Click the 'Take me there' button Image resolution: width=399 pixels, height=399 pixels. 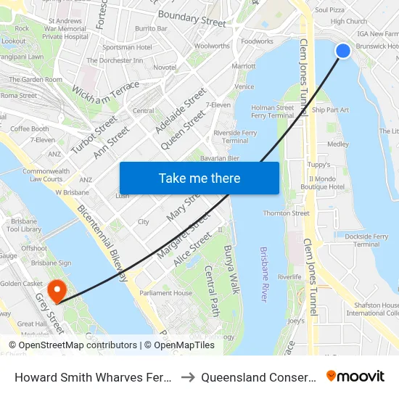pos(199,178)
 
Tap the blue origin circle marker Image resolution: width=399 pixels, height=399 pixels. pos(343,50)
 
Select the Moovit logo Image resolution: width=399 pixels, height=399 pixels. pos(355,377)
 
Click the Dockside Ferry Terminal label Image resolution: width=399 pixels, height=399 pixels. pos(367,240)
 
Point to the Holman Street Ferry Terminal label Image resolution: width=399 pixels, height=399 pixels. pos(272,112)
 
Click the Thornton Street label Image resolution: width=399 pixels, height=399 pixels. pos(287,213)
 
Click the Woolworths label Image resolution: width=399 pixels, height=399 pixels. pos(213,46)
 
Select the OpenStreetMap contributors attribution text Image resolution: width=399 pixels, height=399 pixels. pos(72,345)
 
